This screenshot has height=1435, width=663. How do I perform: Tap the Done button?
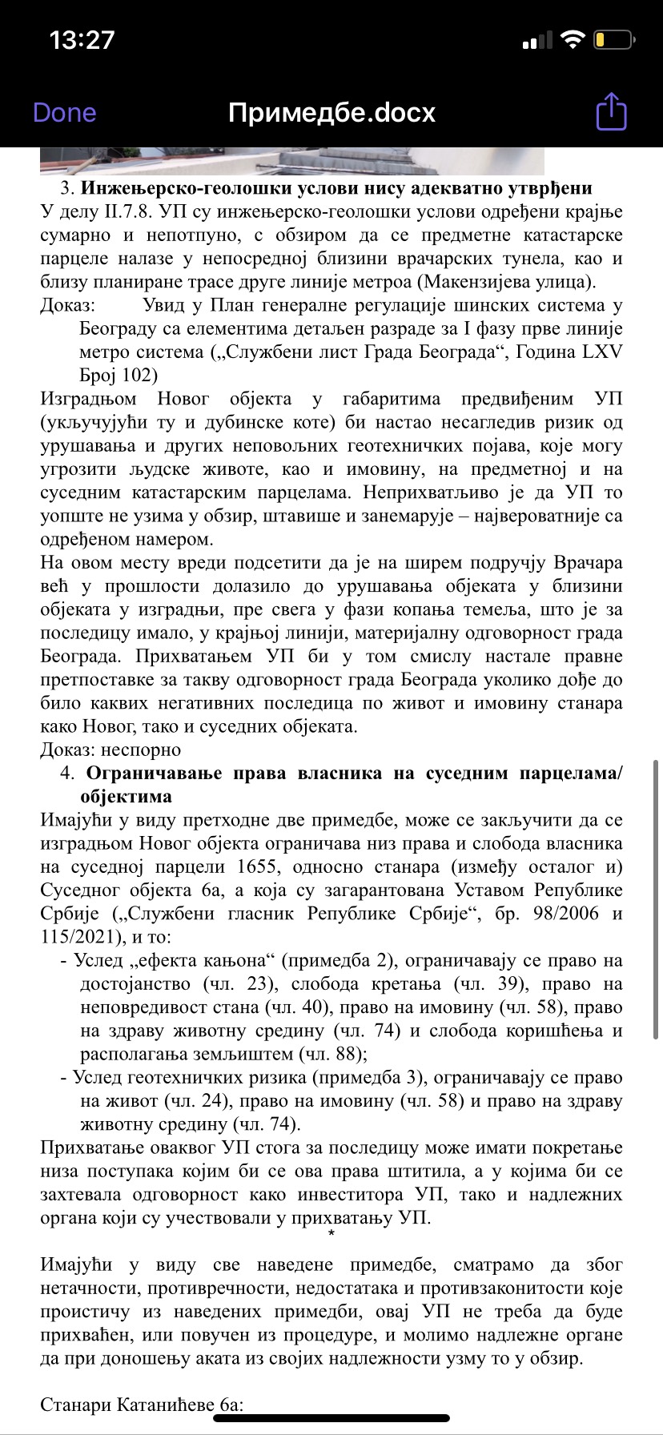64,113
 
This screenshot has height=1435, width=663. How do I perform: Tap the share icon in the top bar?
611,111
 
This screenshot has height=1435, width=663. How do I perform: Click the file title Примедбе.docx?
331,113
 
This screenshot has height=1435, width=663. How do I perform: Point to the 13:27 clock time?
82,39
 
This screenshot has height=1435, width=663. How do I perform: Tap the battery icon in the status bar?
614,39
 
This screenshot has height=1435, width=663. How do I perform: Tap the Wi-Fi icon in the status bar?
573,39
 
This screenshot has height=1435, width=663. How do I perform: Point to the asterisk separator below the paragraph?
331,1233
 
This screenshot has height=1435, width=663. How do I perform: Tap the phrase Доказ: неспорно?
110,750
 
